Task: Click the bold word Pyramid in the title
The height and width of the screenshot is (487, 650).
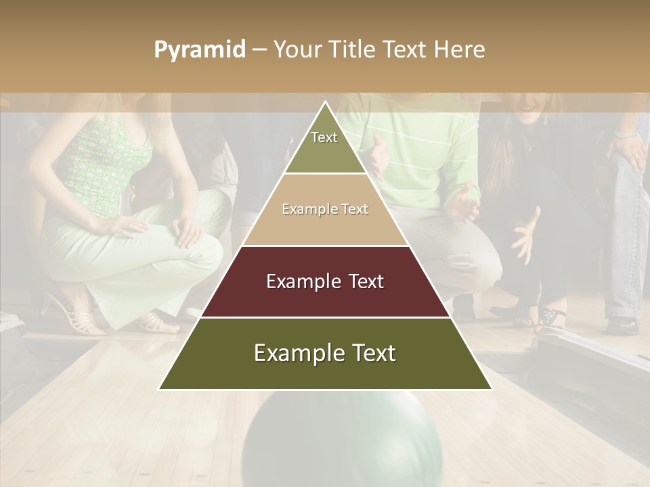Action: pos(200,49)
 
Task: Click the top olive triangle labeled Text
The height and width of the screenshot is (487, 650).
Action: pos(324,145)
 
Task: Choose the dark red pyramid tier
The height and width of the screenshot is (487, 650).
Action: pos(325,281)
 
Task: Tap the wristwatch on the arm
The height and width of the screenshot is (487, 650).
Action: pos(627,135)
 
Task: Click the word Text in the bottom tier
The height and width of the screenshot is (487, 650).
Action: pos(370,353)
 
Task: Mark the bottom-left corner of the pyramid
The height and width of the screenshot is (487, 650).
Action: pos(159,389)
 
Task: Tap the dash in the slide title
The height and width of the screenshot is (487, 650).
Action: pos(259,49)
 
